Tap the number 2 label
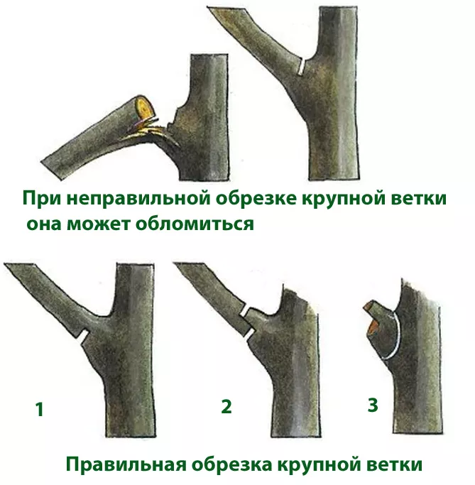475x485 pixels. (226, 405)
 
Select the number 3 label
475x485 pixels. (373, 405)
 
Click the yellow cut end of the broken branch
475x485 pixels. (144, 107)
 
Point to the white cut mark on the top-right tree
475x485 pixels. (302, 67)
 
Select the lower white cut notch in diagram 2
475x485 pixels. (251, 332)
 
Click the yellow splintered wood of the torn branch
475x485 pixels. (143, 129)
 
